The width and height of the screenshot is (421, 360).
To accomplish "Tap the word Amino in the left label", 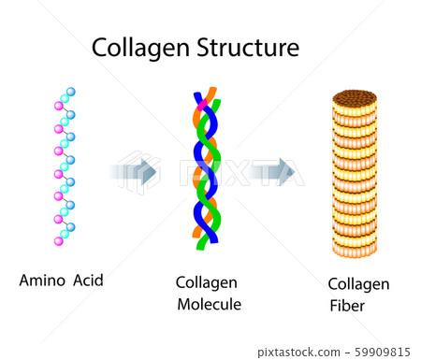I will (44, 280).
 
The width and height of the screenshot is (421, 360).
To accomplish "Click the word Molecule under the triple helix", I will (209, 304).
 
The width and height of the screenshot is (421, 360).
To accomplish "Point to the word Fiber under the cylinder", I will (347, 306).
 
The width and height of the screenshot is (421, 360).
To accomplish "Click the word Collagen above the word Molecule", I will (206, 282).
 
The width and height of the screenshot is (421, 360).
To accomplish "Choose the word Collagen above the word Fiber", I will (358, 284).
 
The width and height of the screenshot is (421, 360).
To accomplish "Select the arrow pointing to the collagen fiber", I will (273, 172).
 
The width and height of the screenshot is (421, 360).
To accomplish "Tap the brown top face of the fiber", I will (355, 98).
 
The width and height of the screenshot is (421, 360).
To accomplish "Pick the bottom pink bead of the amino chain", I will (58, 241).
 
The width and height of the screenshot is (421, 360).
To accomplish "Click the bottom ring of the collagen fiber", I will (355, 247).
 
